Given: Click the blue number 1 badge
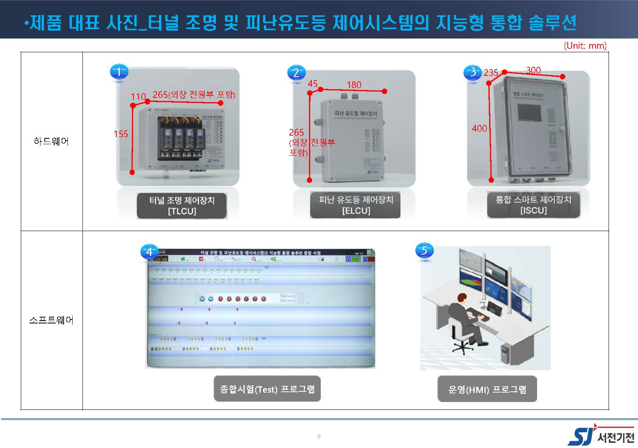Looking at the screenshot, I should pos(119,72).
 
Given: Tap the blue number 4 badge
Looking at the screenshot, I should pos(149,252).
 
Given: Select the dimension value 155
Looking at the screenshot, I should pos(121,134).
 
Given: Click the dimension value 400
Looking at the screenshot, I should pos(479,129).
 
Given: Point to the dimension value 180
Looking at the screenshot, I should pos(354,84).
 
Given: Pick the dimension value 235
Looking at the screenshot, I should pos(491,73).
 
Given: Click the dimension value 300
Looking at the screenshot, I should pos(533,70).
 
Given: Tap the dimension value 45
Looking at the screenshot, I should pos(313,84).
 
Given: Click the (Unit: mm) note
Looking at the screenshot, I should pos(585,46).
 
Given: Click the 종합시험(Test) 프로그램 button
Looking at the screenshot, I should pos(267,389).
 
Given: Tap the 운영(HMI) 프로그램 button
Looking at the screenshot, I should pos(487,389).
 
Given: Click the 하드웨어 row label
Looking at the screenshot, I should pos(51,141).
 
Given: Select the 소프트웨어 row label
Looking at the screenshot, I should pos(51,320).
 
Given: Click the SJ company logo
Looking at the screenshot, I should pos(601,437).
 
